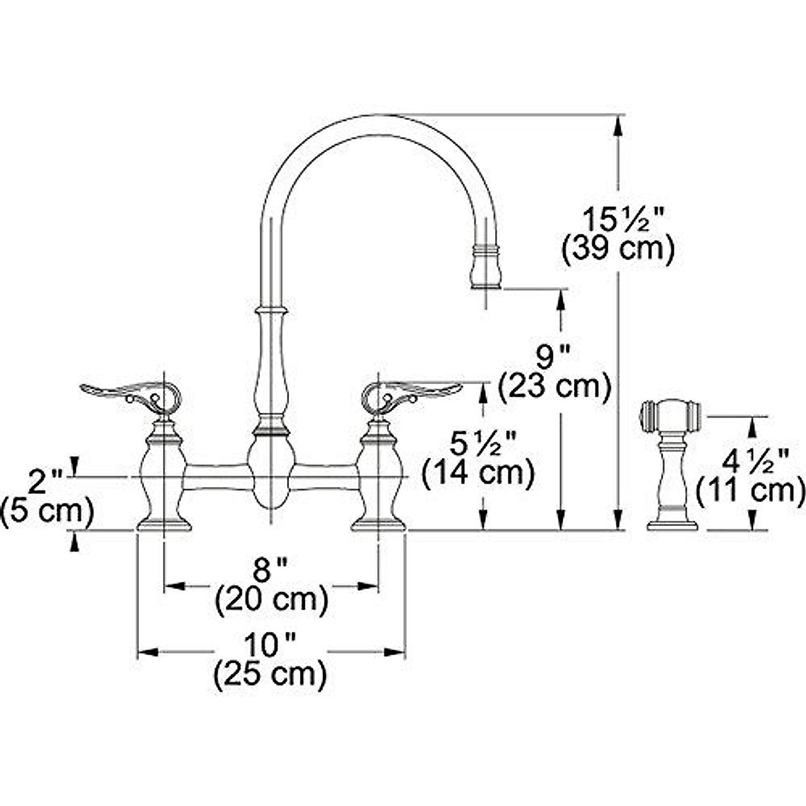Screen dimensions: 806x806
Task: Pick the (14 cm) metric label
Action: coord(478,474)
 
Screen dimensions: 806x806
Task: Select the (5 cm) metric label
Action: coord(47,512)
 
